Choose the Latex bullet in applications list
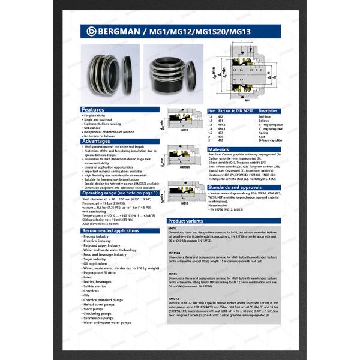88,277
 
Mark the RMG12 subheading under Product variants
174,298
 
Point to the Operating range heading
120,193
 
